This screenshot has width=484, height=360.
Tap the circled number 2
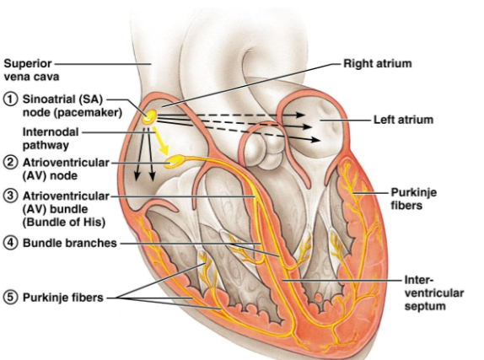(x=10, y=162)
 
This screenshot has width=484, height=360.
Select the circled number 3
(x=10, y=196)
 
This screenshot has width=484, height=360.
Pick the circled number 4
(x=10, y=243)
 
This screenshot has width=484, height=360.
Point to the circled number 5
(x=10, y=295)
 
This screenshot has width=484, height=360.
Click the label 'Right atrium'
(x=378, y=62)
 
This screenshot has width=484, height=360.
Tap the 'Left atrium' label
(x=403, y=121)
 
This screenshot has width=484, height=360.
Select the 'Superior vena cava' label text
(x=27, y=69)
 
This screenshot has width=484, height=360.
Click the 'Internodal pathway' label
(x=51, y=138)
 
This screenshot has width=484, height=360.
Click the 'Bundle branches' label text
(x=67, y=243)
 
